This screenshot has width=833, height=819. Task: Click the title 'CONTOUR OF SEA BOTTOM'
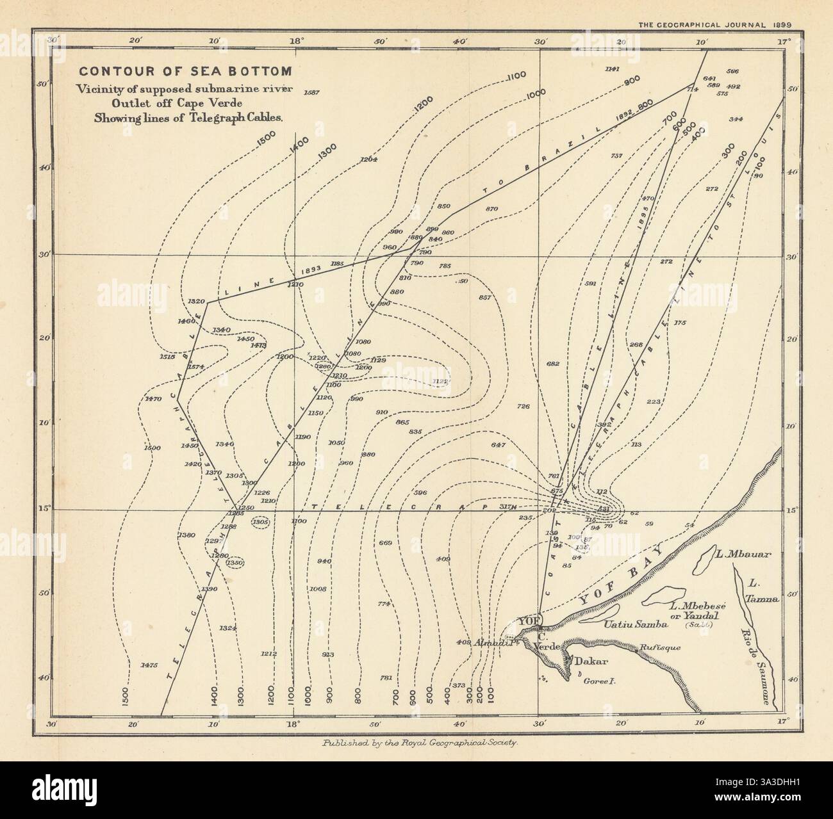[x=184, y=71]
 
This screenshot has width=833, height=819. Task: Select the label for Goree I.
[x=599, y=683]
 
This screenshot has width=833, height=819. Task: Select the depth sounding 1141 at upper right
[x=612, y=69]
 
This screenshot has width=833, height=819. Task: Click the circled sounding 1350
[x=235, y=562]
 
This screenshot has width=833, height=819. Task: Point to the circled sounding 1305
[x=261, y=523]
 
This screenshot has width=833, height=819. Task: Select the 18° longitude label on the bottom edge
[x=293, y=724]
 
